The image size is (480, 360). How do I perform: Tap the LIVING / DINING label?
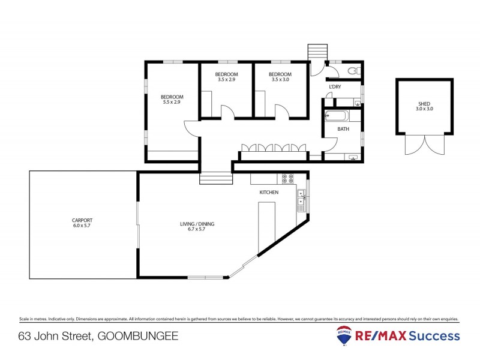click(x=197, y=224)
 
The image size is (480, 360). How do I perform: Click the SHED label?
click(x=424, y=104)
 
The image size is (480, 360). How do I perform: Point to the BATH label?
click(x=343, y=129)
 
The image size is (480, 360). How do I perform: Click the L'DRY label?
click(x=335, y=88)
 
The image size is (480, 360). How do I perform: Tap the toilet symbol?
click(x=354, y=71)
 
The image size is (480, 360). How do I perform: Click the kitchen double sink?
click(x=301, y=197)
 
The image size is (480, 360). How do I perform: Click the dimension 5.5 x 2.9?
click(x=172, y=103)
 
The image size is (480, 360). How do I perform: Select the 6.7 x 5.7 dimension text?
click(x=197, y=229)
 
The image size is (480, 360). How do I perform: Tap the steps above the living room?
click(x=216, y=179)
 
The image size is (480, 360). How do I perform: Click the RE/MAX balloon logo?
click(x=344, y=337)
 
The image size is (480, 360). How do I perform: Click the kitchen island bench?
click(x=266, y=227)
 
